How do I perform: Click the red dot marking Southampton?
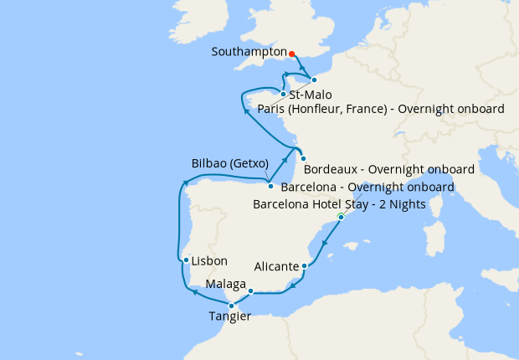[x=291, y=55]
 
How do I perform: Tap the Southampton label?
[x=249, y=51]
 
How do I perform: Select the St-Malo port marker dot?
[x=284, y=94]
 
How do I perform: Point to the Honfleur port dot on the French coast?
[x=314, y=80]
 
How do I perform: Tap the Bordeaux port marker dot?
[x=303, y=159]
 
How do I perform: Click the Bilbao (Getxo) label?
[x=229, y=163]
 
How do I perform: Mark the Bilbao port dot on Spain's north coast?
[x=270, y=186]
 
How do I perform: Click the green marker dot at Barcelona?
[x=341, y=217]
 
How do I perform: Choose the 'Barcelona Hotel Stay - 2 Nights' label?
[x=339, y=204]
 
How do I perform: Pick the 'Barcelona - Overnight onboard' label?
[x=367, y=186]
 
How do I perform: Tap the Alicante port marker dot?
[x=305, y=266]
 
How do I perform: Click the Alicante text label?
[x=275, y=266]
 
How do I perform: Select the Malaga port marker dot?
[x=250, y=291]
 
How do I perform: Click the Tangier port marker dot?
[x=232, y=306]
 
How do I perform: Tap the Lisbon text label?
[x=209, y=261]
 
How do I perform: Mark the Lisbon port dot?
[x=185, y=260]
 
